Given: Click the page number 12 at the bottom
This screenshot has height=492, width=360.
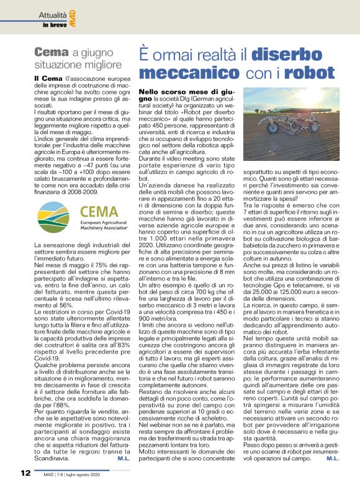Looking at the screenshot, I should (x=25, y=473).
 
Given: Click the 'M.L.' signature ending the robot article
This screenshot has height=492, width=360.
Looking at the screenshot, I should (x=332, y=458).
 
